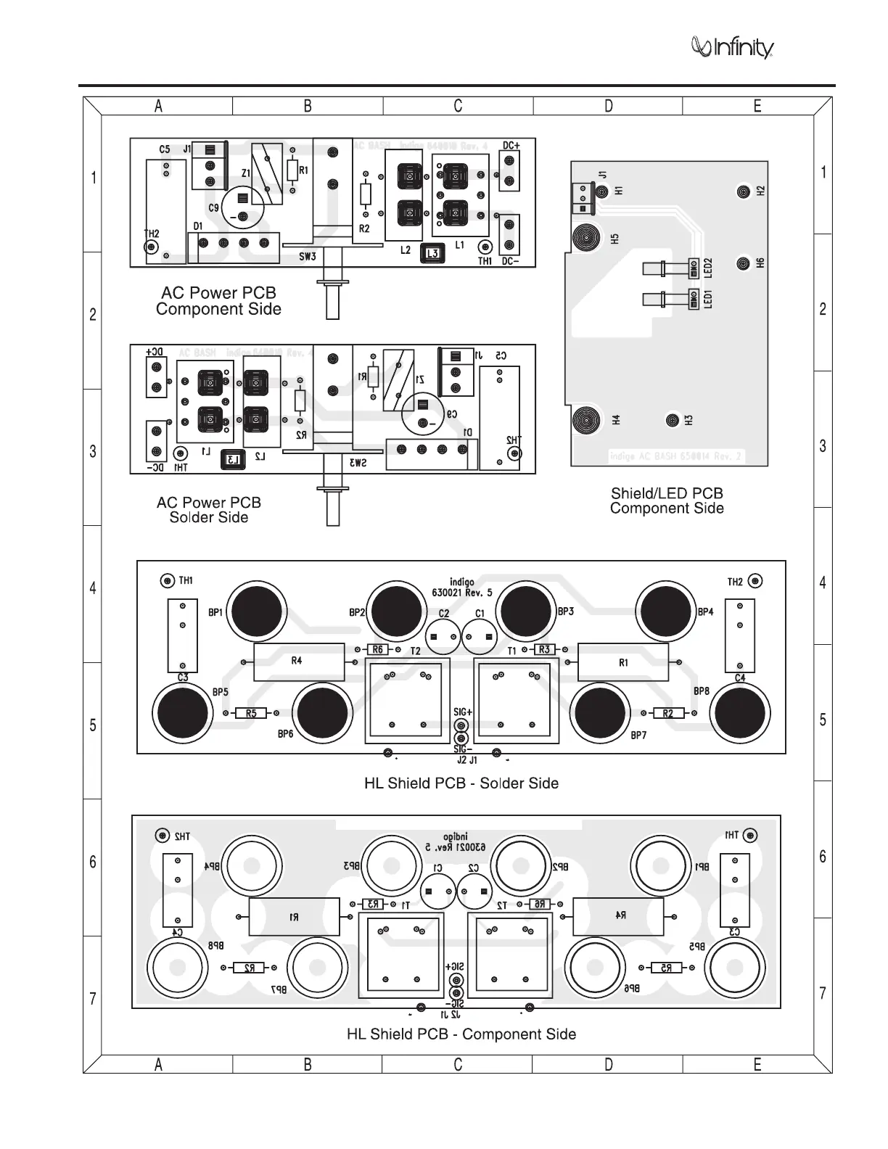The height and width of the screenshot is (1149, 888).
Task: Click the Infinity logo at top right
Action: click(x=733, y=48)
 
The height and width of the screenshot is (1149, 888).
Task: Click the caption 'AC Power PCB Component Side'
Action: click(x=218, y=301)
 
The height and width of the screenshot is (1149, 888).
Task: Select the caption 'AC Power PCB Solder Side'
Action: click(x=209, y=510)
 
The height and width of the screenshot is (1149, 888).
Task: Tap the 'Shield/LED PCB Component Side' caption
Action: click(x=667, y=501)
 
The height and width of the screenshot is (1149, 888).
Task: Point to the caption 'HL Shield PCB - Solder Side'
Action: click(x=461, y=783)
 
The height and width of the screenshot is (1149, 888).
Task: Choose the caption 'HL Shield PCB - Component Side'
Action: click(x=461, y=1034)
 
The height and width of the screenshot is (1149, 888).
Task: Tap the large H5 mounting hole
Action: click(x=585, y=237)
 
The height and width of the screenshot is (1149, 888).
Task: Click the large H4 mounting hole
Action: click(x=585, y=420)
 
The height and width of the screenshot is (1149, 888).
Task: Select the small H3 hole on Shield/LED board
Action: click(x=673, y=420)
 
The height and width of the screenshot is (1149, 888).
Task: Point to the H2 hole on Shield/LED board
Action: click(x=743, y=191)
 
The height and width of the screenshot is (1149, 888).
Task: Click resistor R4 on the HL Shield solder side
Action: click(x=298, y=662)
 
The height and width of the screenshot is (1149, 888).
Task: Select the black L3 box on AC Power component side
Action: click(x=432, y=253)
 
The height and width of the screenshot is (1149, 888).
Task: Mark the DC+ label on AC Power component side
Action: click(x=511, y=146)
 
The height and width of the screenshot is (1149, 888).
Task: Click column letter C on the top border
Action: click(x=458, y=106)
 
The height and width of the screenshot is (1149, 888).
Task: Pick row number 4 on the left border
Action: click(x=93, y=588)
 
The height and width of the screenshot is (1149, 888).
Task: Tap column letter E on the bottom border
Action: click(x=757, y=1064)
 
